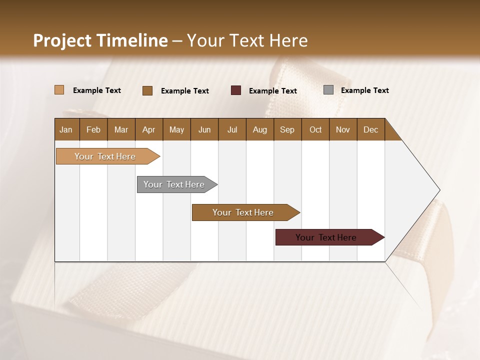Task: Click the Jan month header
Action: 66,129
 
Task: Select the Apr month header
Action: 148,129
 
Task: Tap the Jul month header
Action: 232,129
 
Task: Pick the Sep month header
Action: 287,129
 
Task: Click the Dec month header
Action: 370,129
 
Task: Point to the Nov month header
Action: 342,129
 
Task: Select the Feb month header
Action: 93,129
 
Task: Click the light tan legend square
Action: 59,90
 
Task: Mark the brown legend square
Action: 147,90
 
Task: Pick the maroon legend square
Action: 236,90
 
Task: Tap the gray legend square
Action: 328,90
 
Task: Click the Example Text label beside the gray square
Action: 364,90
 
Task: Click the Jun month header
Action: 204,129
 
